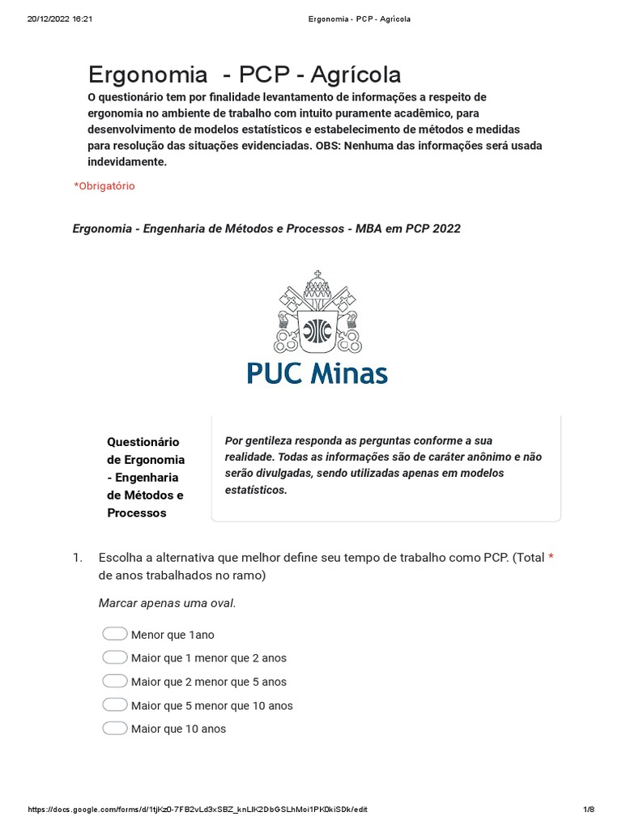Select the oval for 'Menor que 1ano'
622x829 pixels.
point(115,634)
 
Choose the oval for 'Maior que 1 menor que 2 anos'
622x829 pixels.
point(115,657)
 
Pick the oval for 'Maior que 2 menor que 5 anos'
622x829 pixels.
point(115,681)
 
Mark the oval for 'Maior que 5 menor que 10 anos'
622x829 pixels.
point(115,704)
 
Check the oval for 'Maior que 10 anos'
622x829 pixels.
point(115,728)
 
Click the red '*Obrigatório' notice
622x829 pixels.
point(104,186)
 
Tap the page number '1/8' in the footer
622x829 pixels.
point(589,810)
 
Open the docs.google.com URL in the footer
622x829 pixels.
point(203,810)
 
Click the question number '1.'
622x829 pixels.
point(78,558)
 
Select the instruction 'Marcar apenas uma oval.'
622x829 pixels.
point(167,603)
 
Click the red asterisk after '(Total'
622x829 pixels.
point(551,558)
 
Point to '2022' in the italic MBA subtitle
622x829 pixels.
point(446,228)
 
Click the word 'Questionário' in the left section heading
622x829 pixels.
point(143,441)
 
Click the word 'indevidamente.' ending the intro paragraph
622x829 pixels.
point(126,162)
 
